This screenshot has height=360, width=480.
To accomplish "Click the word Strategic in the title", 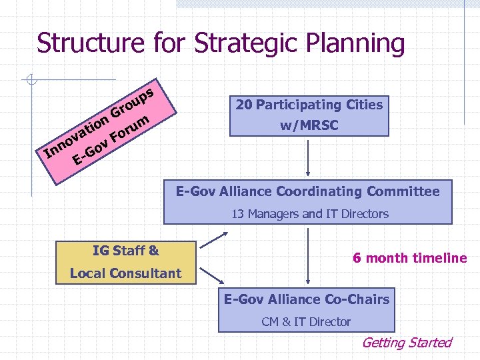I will (243, 43).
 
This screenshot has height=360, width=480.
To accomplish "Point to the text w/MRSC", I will (309, 125).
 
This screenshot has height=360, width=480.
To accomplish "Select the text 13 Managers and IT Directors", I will (309, 214).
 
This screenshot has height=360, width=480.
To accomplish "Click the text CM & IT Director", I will (306, 322).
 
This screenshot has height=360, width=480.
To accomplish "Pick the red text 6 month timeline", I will (409, 258).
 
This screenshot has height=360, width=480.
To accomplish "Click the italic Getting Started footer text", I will (406, 343).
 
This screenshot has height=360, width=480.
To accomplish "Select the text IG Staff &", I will (126, 251).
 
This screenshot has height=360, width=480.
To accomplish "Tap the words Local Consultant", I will (126, 273).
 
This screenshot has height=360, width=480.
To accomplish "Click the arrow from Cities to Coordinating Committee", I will (308, 157).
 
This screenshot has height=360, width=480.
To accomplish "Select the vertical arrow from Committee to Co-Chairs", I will (308, 257).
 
